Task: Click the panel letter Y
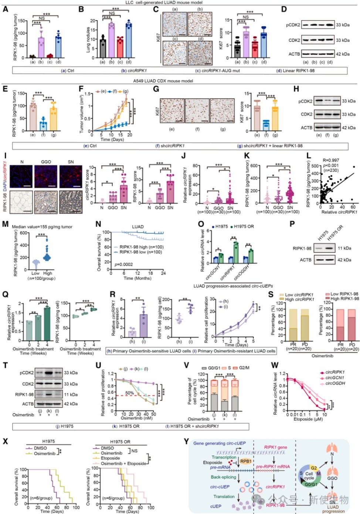coord(186,442)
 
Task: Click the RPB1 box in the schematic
coord(246,461)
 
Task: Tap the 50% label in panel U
coord(129,393)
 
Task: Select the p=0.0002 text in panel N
coord(124,264)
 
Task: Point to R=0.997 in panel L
coord(331,160)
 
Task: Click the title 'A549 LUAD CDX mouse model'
coord(163,81)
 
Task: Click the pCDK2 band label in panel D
coord(293,25)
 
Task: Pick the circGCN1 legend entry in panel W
coord(334,378)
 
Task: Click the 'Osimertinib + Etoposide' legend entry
coord(123,463)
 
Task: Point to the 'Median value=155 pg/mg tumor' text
coord(42,227)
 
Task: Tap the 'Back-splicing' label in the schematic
coord(223,477)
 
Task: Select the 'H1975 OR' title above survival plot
coord(120,442)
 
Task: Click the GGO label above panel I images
coord(46,162)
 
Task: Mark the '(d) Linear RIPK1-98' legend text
coord(295,71)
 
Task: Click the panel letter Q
coord(5,294)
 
